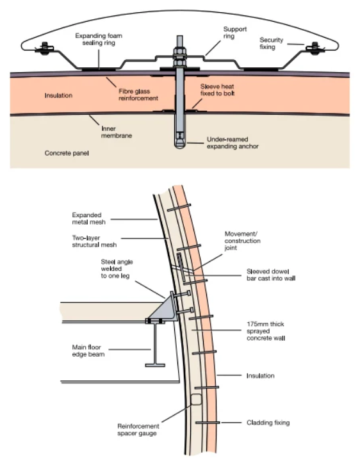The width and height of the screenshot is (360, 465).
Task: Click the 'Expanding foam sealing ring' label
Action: point(99,39)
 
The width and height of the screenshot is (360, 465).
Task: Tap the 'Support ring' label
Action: point(235,33)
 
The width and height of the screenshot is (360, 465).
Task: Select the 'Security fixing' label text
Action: point(272,44)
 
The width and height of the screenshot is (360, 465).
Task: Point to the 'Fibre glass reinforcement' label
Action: point(138,95)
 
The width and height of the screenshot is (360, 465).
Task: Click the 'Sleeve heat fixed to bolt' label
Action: point(217,90)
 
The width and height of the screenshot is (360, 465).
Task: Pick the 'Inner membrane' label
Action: point(116,132)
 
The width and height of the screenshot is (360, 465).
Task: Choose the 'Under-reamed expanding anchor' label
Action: point(233,143)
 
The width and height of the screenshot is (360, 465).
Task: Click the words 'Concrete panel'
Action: point(67,153)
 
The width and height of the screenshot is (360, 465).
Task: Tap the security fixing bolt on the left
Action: point(45,48)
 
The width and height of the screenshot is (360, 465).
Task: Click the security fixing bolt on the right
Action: point(315,48)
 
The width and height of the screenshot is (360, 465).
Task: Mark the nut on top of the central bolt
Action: point(179,52)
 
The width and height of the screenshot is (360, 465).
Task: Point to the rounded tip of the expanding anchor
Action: point(179,146)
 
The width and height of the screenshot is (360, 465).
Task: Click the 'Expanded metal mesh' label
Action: point(88,218)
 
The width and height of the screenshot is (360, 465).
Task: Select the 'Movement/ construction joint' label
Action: point(242,241)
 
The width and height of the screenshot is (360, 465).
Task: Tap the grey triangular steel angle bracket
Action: point(164,307)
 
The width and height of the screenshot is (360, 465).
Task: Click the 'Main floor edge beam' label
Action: point(88,350)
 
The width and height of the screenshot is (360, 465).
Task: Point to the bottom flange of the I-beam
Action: point(155,365)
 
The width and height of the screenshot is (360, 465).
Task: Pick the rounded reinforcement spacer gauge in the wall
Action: point(196,400)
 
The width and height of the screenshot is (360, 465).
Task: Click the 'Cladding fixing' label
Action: point(268,423)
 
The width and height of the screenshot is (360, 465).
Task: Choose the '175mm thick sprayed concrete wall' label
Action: point(266,331)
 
